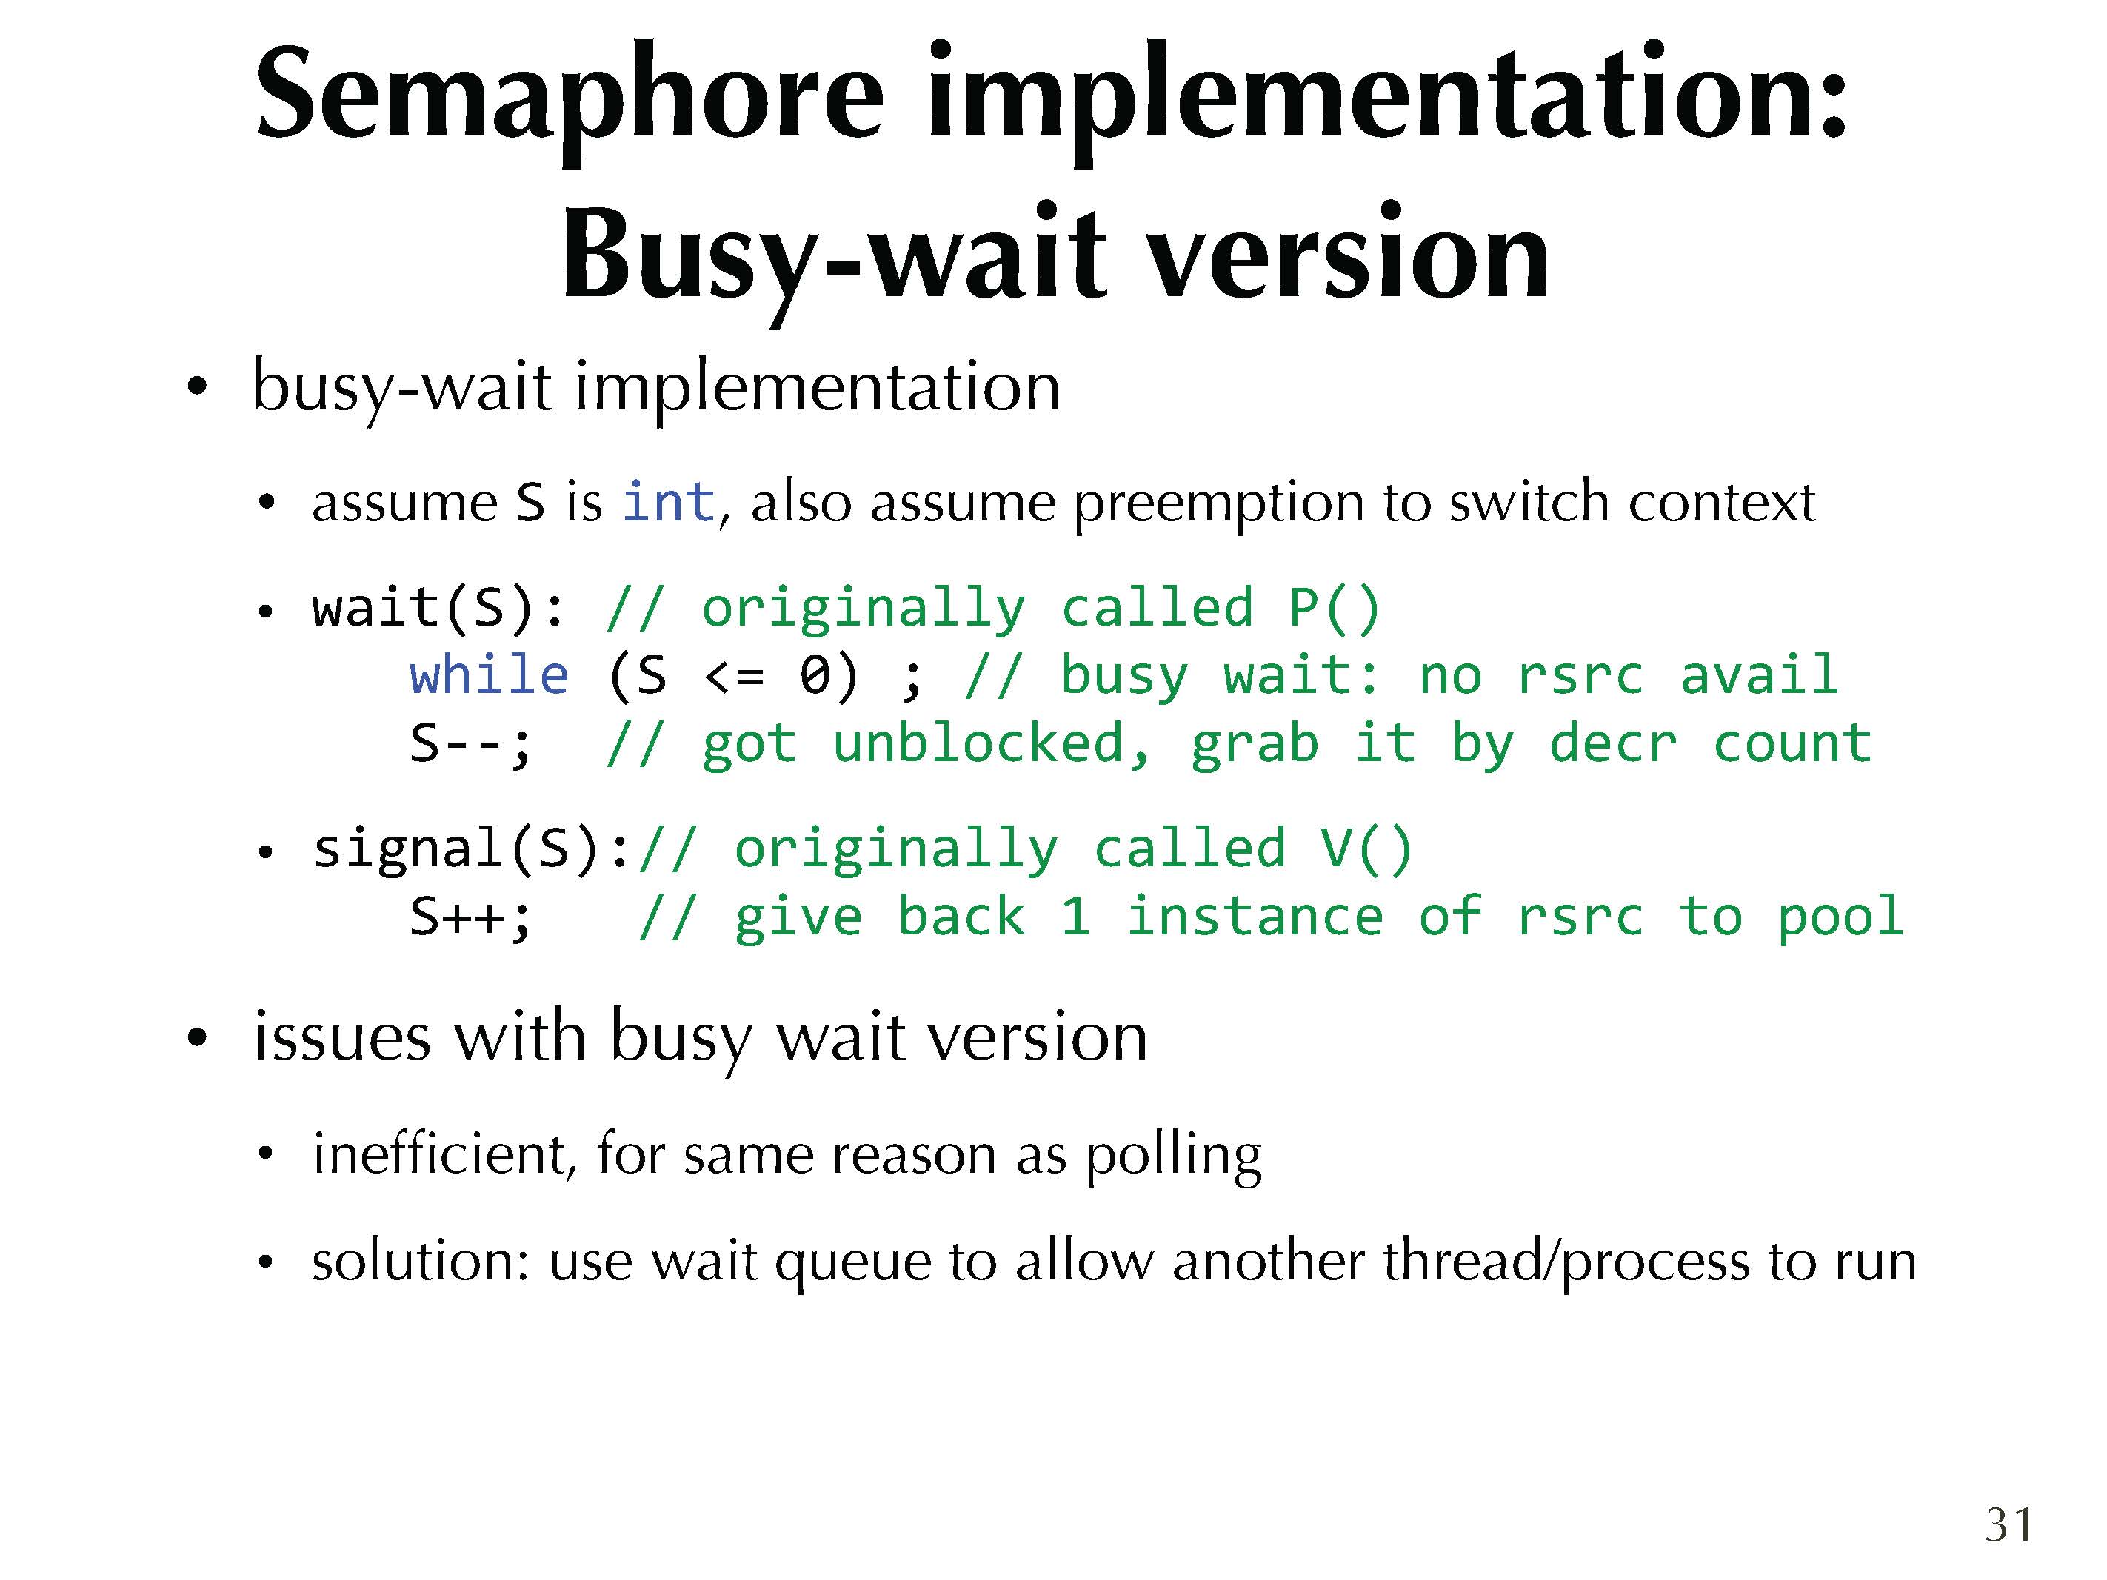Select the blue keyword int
[x=668, y=501]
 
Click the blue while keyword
[x=489, y=675]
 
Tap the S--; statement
[x=470, y=744]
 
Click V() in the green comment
[x=1366, y=848]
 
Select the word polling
[x=1174, y=1155]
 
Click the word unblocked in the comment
[x=991, y=744]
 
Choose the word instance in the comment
[x=1255, y=916]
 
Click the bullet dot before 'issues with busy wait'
[x=196, y=1038]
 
